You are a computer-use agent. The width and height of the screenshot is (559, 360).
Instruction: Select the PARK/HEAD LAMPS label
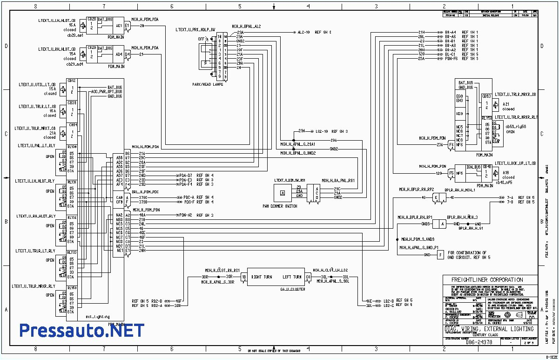pos(208,84)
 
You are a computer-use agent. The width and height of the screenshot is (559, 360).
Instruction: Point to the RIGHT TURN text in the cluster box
pos(263,277)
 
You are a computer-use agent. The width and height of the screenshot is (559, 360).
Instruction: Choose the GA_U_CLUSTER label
pos(280,289)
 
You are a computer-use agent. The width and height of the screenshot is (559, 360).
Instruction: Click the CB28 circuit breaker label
pos(91,20)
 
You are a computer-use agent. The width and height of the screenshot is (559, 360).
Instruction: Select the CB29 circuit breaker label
pos(91,48)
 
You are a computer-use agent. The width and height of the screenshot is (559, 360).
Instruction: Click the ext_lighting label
pos(97,317)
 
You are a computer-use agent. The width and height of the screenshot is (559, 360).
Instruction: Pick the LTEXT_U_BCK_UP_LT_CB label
pos(515,163)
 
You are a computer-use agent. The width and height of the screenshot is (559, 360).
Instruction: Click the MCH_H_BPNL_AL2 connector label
pos(246,27)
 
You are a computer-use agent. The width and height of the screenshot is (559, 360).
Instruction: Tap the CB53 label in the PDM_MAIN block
pos(485,96)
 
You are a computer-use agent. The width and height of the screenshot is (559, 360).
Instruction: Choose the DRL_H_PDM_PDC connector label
pos(145,192)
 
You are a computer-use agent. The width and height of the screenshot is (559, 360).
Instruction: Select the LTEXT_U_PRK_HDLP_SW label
pos(195,29)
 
